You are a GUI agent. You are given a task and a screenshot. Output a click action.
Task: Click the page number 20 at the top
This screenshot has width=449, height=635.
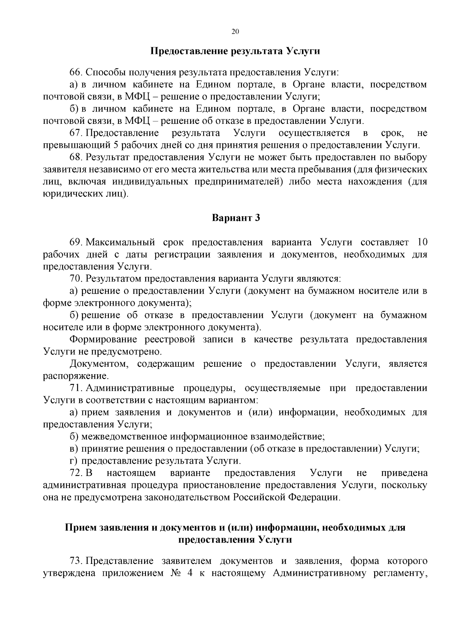(x=235, y=32)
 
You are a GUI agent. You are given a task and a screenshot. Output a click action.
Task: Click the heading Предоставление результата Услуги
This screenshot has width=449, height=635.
(x=235, y=51)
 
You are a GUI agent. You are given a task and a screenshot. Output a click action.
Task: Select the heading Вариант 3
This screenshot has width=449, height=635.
(x=236, y=218)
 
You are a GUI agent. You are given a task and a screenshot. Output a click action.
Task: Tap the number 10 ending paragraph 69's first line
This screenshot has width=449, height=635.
(x=422, y=242)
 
